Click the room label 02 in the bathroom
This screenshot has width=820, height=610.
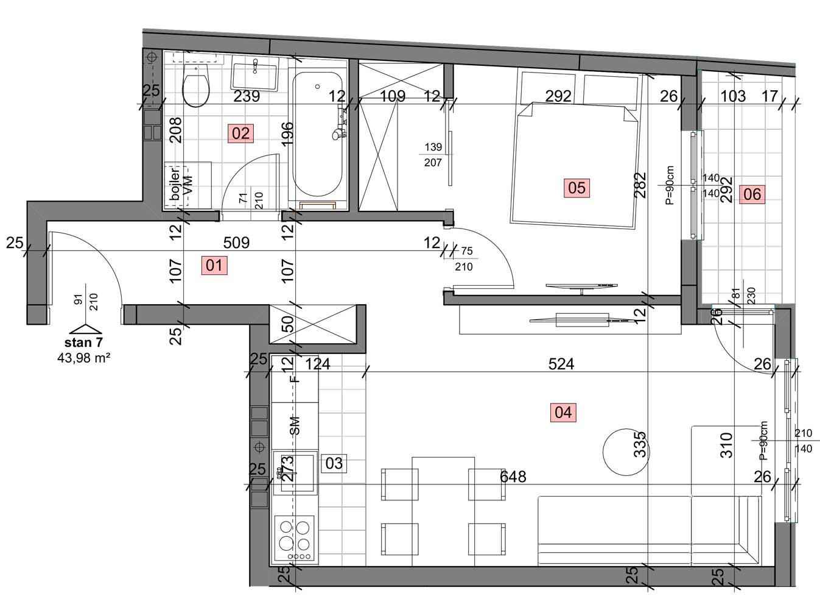tap(241, 133)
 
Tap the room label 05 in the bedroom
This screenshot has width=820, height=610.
tap(576, 188)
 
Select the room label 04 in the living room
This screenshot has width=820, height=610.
tap(563, 413)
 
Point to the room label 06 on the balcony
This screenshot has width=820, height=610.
tap(752, 194)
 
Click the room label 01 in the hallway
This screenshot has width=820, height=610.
tap(214, 266)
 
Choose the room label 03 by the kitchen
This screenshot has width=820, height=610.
tap(334, 463)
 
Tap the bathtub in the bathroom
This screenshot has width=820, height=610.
tap(318, 134)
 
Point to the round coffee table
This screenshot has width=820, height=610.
tap(626, 452)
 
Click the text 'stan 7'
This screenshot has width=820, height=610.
tap(83, 342)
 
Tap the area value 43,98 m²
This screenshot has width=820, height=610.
tap(84, 358)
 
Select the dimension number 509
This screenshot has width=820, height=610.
tap(236, 243)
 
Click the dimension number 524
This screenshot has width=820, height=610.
tap(561, 364)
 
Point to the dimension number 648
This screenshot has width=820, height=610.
tap(513, 477)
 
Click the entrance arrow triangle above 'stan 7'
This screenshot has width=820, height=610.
tap(85, 329)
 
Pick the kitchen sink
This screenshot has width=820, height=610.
tap(295, 473)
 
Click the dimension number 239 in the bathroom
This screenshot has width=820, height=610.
tap(246, 96)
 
